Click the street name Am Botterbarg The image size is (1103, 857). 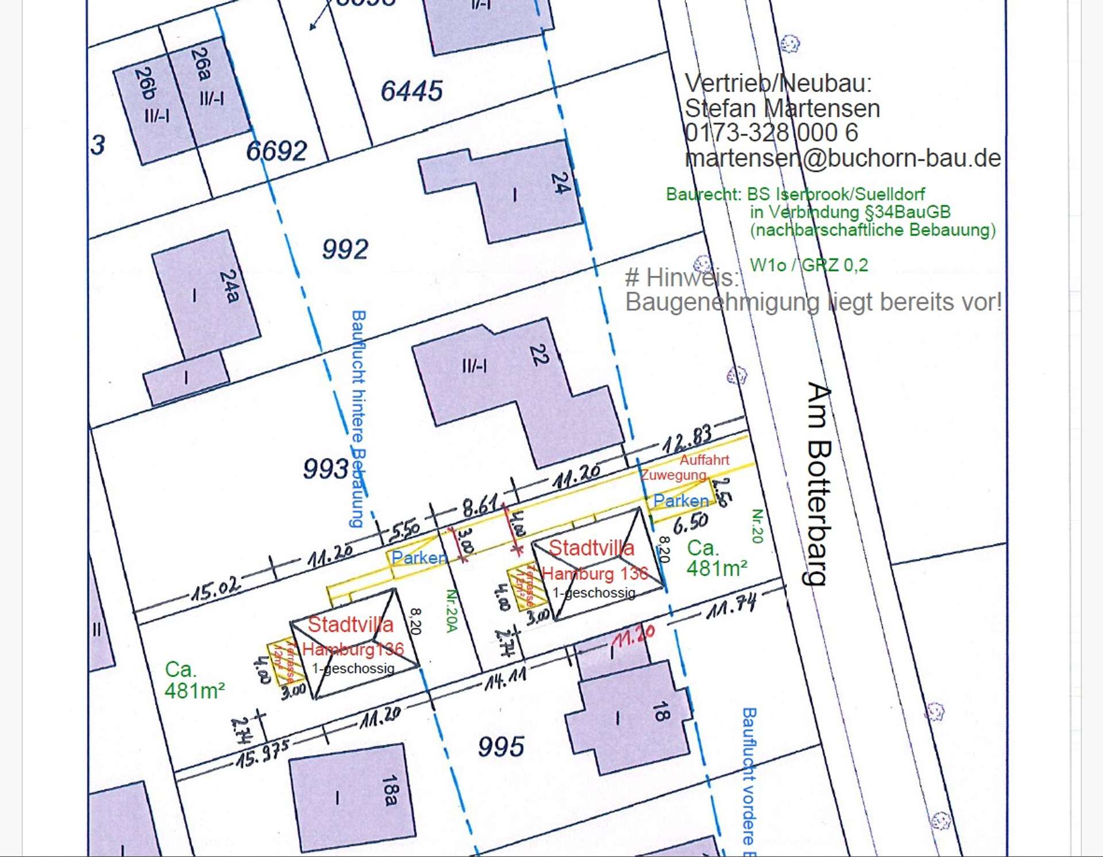point(819,483)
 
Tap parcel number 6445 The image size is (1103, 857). point(411,91)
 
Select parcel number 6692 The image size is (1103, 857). point(276,151)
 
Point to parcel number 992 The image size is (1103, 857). point(345,249)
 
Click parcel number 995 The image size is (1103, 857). point(501,747)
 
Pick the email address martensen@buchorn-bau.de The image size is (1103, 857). point(843,158)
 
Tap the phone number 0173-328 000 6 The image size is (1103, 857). point(771,133)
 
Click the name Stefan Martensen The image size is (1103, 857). point(782,108)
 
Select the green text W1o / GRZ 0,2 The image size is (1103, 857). point(808,265)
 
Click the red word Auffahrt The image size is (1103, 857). point(704,460)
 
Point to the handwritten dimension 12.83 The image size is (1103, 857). point(687,439)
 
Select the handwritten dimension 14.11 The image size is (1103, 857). point(506,679)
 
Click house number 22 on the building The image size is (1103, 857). point(539,355)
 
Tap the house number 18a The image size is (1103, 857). point(390,790)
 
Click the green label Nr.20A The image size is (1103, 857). point(452,610)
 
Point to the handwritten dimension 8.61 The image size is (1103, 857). point(480,506)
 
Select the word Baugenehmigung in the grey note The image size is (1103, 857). point(723,302)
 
